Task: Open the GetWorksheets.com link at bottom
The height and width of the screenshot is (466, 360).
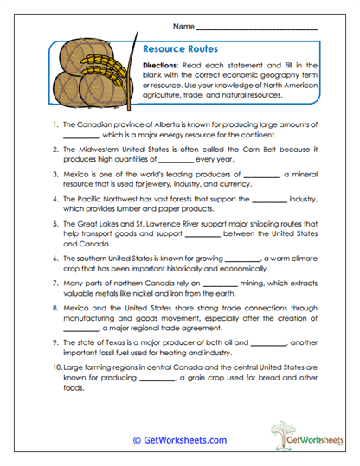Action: point(179,440)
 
